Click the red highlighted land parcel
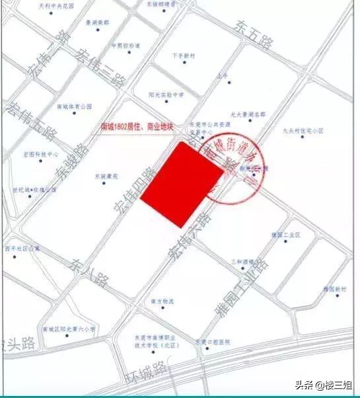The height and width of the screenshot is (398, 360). tap(182, 186)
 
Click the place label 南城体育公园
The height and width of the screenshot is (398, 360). tap(74, 106)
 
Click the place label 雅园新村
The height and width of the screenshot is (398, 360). tap(335, 290)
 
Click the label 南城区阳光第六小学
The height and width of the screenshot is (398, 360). tap(69, 329)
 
